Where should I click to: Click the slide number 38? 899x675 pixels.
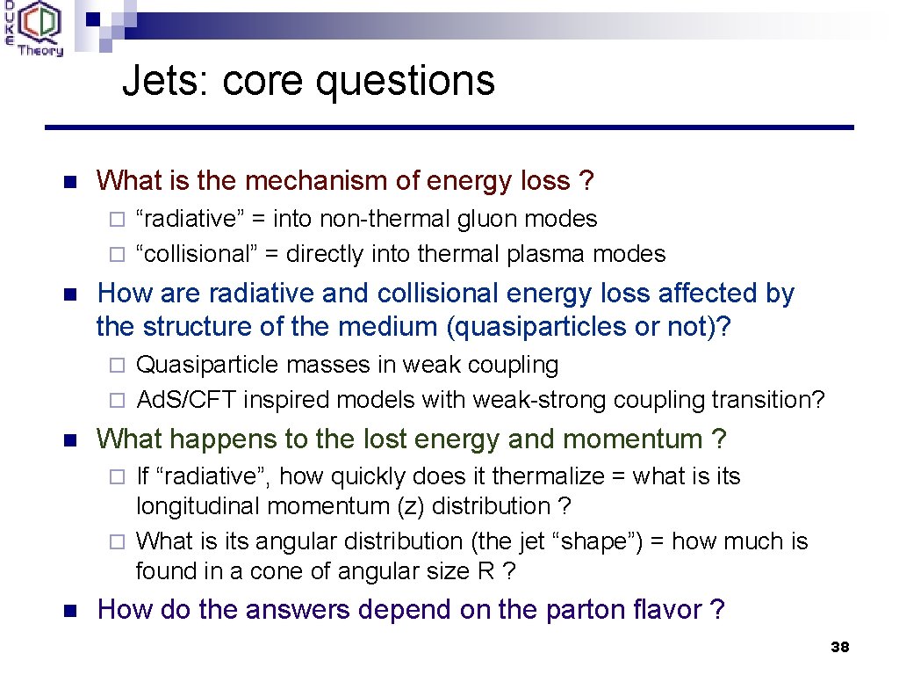(x=839, y=648)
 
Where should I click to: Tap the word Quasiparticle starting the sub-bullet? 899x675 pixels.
(x=195, y=365)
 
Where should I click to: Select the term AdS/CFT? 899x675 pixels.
(x=187, y=400)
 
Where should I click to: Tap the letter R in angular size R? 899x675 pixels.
(x=485, y=571)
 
